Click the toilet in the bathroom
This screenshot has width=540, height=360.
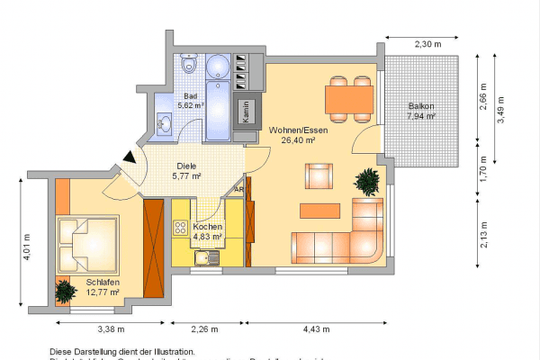(x=187, y=64)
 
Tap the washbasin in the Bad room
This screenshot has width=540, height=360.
(x=165, y=123)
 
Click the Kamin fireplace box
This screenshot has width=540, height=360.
(x=245, y=111)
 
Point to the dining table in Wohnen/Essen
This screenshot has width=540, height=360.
(x=349, y=97)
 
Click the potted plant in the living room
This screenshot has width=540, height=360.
(x=367, y=183)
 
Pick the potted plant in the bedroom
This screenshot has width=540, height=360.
(x=64, y=292)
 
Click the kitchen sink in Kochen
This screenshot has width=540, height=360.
(x=206, y=258)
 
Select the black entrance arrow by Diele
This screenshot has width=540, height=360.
(x=130, y=157)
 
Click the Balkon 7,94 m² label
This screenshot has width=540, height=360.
(x=420, y=111)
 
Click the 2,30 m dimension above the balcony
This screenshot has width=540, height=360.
(x=428, y=44)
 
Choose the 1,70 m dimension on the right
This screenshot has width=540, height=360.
(x=483, y=169)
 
